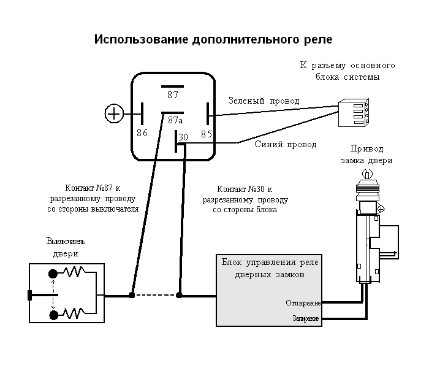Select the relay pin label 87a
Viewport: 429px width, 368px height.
pos(176,121)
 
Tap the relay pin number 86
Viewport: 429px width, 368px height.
pos(142,132)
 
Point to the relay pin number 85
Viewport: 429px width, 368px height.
pos(207,132)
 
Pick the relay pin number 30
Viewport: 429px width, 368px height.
pos(183,139)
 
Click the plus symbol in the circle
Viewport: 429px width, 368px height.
pos(115,113)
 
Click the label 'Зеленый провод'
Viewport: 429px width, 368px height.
pos(264,101)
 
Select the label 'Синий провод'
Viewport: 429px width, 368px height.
pos(286,145)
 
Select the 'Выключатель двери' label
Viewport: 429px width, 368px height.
pos(63,248)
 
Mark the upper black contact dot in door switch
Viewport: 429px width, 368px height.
pos(53,274)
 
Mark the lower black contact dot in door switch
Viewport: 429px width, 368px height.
pos(53,315)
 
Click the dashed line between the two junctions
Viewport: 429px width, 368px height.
pos(155,295)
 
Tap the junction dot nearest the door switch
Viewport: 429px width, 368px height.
pos(132,295)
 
